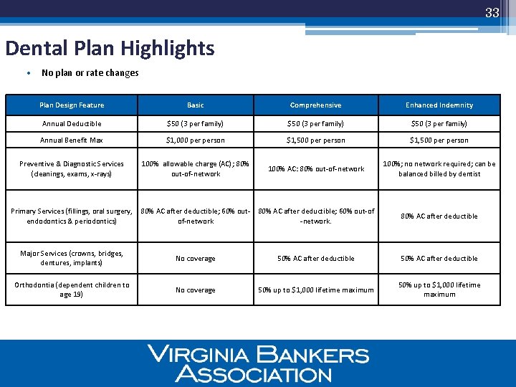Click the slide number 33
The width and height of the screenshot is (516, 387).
[x=492, y=12]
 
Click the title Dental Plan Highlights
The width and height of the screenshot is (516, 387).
[x=110, y=48]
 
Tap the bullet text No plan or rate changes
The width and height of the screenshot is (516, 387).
[x=90, y=73]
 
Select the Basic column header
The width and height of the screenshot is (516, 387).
[x=195, y=105]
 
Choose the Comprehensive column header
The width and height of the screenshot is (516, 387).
[x=315, y=105]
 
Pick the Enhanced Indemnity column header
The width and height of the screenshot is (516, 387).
[x=439, y=105]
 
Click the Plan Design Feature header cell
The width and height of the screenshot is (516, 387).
[x=72, y=105]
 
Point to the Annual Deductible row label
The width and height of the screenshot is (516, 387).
[x=72, y=124]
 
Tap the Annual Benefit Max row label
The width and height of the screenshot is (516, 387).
[x=72, y=140]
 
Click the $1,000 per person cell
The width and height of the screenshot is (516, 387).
[x=195, y=140]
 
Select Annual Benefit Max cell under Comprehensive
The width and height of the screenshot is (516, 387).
[x=315, y=140]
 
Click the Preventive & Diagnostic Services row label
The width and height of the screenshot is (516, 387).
[x=72, y=169]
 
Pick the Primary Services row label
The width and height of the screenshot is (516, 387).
[x=72, y=216]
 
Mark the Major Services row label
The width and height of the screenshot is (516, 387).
[x=72, y=258]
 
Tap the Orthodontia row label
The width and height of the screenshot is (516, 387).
[x=72, y=290]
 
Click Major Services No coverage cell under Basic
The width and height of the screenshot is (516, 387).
[x=195, y=259]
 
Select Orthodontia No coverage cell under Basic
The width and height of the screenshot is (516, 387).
[x=195, y=290]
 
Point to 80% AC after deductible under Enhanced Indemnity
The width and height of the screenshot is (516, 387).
[x=439, y=216]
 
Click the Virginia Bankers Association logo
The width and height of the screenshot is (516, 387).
[x=258, y=363]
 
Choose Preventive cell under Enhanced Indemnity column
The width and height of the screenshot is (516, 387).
[x=439, y=169]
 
